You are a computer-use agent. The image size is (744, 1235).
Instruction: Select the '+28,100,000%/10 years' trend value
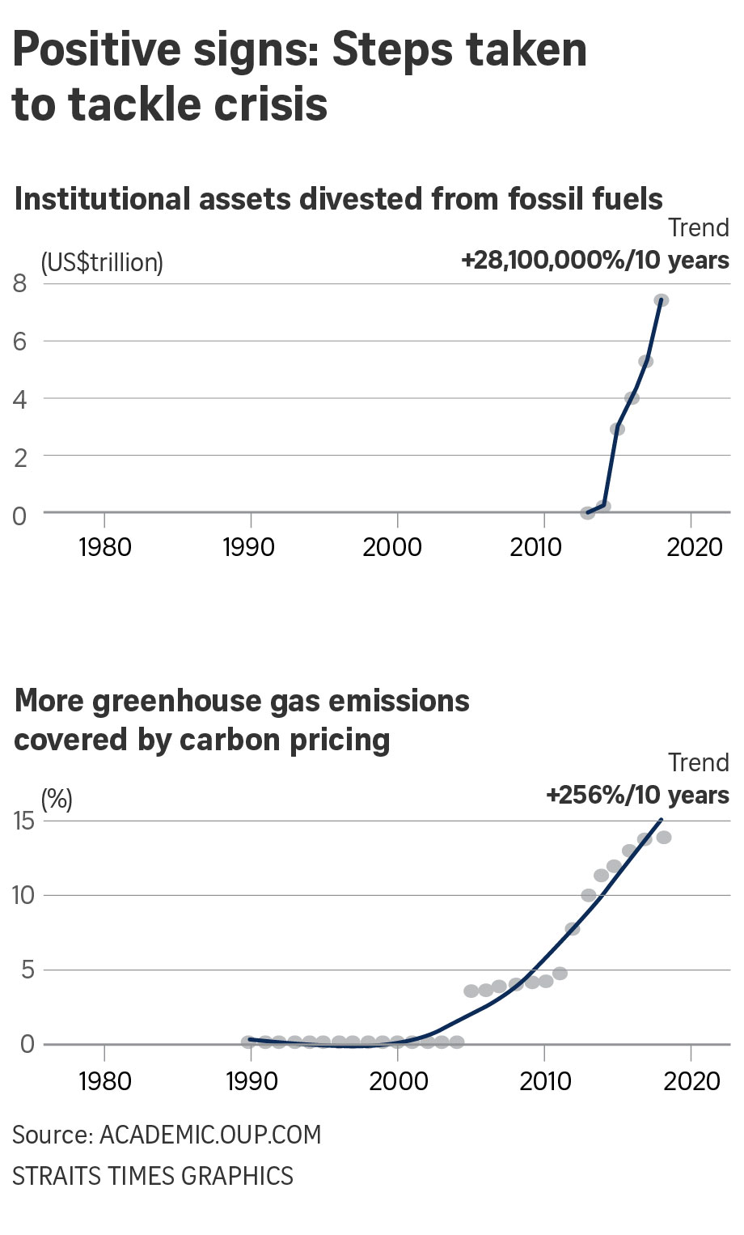click(x=595, y=261)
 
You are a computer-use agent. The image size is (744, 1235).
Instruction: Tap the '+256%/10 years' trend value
click(x=637, y=795)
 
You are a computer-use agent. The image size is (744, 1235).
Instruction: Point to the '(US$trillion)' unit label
click(x=102, y=262)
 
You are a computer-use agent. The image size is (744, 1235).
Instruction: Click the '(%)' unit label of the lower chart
click(x=57, y=799)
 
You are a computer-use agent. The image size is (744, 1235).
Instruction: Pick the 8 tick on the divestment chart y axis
click(x=20, y=283)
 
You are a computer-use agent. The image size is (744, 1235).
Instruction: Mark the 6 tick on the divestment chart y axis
click(x=20, y=341)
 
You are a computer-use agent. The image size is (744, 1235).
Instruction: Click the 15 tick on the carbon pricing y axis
click(x=24, y=821)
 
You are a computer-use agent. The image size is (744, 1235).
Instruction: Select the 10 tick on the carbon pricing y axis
click(x=24, y=895)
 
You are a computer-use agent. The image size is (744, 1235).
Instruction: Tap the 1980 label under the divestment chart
click(x=104, y=547)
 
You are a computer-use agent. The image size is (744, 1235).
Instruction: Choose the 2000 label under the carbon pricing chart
click(x=397, y=1081)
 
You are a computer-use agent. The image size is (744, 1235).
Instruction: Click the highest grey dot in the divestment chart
click(x=661, y=300)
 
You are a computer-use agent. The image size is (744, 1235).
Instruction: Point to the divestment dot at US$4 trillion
click(x=632, y=398)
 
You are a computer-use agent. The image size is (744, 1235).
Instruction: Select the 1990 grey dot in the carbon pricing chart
click(x=249, y=1042)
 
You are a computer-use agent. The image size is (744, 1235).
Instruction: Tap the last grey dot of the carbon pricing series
click(x=664, y=838)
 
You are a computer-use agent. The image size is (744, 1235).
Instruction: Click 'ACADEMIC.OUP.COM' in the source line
click(x=210, y=1135)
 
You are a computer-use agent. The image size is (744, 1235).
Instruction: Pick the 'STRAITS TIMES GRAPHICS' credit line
click(x=153, y=1175)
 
